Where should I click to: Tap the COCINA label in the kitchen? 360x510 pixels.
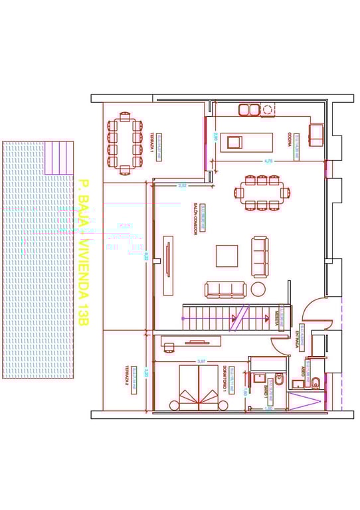pos(290,138)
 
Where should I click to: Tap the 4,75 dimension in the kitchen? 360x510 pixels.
pos(268,161)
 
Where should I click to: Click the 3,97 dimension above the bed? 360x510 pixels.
pos(201,361)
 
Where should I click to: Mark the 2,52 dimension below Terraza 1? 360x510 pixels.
pos(182,186)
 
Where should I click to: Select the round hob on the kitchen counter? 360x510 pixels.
pos(268,110)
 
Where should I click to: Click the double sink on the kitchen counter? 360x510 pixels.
pos(248,110)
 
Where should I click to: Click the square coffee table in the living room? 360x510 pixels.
pos(227,256)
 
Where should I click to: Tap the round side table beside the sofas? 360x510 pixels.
pos(258,289)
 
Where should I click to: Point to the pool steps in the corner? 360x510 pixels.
pos(58,157)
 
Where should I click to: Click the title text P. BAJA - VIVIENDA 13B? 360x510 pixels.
pos(82,252)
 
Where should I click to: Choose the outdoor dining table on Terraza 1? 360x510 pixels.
pos(125,142)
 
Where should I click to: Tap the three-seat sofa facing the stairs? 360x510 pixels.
pos(225,289)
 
